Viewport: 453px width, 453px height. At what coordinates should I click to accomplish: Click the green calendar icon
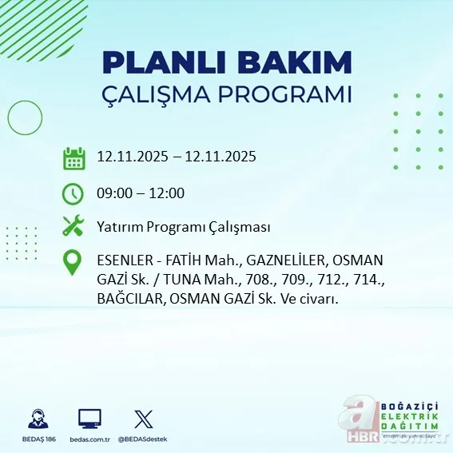pyautogui.click(x=74, y=158)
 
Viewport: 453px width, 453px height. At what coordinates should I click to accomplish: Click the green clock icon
pyautogui.click(x=74, y=193)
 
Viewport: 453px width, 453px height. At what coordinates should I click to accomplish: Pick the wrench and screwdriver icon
pyautogui.click(x=74, y=227)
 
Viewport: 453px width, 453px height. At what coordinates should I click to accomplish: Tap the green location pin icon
pyautogui.click(x=74, y=263)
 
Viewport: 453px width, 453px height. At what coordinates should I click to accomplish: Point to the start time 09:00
pyautogui.click(x=113, y=193)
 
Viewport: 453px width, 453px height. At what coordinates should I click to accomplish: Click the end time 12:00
pyautogui.click(x=167, y=193)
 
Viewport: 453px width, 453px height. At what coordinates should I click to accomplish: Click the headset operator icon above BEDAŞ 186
pyautogui.click(x=37, y=419)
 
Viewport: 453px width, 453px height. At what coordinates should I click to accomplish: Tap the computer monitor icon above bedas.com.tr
pyautogui.click(x=89, y=419)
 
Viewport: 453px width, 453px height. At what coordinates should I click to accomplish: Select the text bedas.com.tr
pyautogui.click(x=89, y=439)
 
